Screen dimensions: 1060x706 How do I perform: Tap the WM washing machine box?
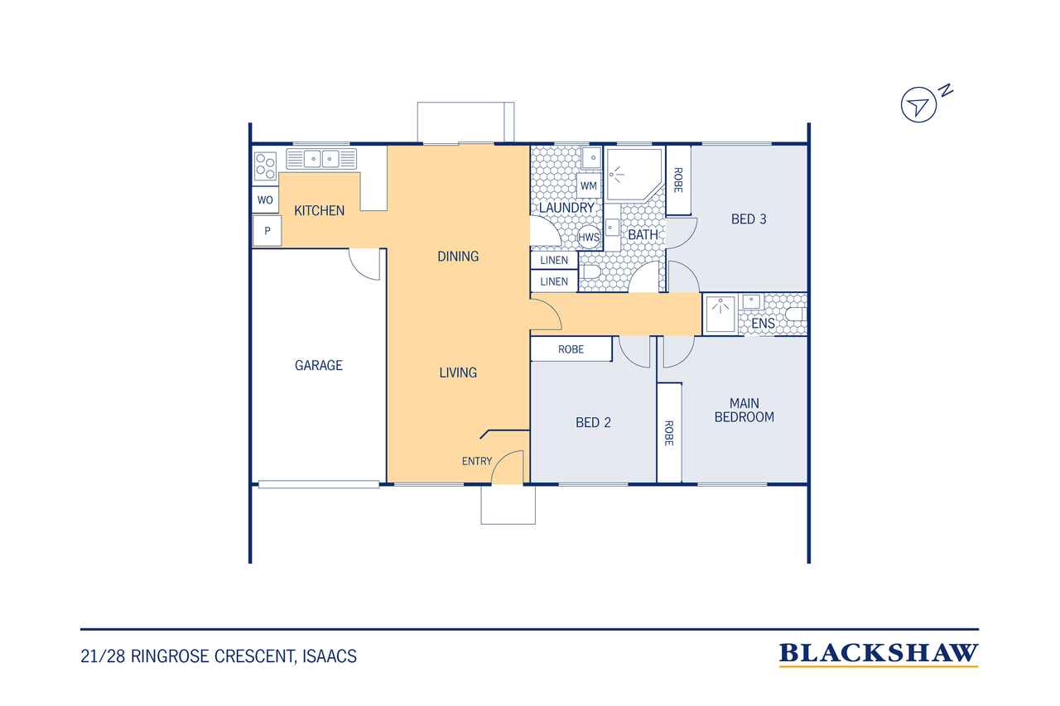coord(588,186)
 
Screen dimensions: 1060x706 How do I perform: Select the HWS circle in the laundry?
coord(589,237)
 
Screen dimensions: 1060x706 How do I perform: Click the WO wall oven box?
coord(265,200)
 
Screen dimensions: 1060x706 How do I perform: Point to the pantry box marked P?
coord(267,231)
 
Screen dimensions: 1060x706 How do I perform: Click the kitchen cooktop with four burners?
coord(265,166)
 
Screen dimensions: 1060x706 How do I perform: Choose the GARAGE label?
coord(319,365)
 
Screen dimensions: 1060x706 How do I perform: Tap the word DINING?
coord(458,257)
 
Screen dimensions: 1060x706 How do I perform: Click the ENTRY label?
coord(476,461)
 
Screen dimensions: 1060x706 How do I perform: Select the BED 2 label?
coord(593,422)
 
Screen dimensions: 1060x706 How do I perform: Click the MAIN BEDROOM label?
coord(744,410)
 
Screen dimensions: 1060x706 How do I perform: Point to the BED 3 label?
coord(748,219)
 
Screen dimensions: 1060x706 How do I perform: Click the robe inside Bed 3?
coord(678,180)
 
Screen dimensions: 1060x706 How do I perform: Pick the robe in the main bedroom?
coord(669,433)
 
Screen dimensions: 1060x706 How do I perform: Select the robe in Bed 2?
coord(571,349)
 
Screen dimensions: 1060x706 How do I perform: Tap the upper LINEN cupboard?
coord(554,260)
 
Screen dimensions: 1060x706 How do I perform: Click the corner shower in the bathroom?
coord(634,174)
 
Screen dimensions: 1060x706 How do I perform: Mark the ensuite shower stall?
coord(720,314)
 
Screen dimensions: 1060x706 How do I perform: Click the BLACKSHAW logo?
coord(879,655)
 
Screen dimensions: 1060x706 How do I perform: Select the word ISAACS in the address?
coord(330,656)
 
